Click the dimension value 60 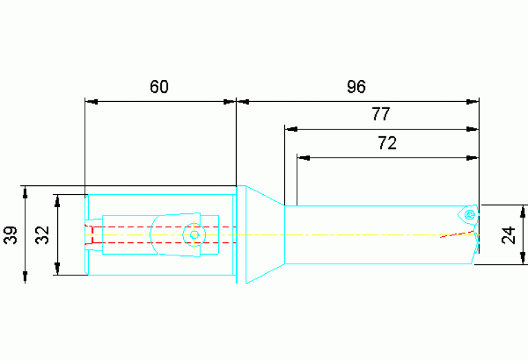click(x=159, y=87)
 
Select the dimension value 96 click(x=356, y=87)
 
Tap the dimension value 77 click(x=381, y=114)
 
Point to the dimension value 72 click(x=388, y=142)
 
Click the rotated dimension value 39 click(x=10, y=235)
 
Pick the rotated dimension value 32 click(x=42, y=235)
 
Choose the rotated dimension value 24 click(x=508, y=235)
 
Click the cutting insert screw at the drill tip click(x=469, y=215)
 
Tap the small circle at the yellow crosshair click(x=194, y=235)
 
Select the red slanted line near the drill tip click(x=457, y=235)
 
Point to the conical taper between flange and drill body click(x=265, y=235)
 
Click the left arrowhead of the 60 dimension click(x=92, y=102)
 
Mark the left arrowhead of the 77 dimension click(x=291, y=129)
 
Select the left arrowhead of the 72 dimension click(x=304, y=158)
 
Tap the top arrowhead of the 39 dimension click(x=25, y=193)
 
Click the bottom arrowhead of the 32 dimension click(x=57, y=268)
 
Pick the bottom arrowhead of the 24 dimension click(x=522, y=257)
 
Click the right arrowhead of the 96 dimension click(x=472, y=102)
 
